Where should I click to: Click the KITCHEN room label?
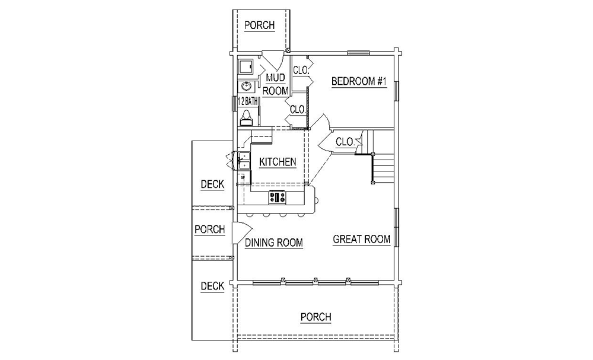pos(278,162)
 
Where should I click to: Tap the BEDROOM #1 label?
pos(359,81)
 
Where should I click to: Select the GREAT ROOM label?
pos(362,240)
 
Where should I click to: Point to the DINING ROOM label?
pos(274,243)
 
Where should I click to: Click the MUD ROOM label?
pos(275,84)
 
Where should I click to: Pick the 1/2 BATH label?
pos(248,101)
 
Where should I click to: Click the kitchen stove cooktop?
pos(278,197)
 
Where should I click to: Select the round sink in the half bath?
pos(246,86)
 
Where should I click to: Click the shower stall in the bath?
pos(246,67)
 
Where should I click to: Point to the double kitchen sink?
pos(244,160)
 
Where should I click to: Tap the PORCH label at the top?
pos(260,26)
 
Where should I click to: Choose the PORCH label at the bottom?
pos(316,317)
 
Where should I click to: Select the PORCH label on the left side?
pos(209,230)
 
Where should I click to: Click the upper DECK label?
pos(212,184)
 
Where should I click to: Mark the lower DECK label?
pos(212,286)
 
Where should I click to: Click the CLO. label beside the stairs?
pos(345,142)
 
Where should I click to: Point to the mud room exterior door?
pos(274,61)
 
